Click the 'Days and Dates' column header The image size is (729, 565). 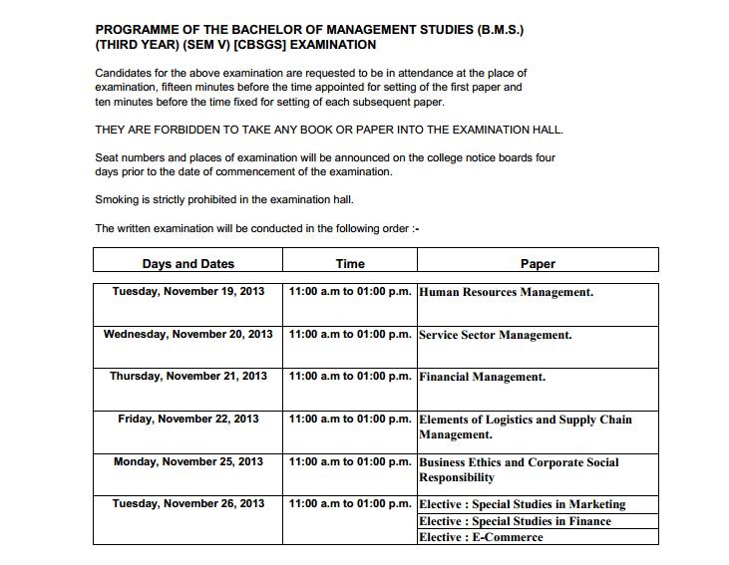[188, 264]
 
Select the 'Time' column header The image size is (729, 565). [350, 264]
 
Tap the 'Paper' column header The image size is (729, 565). [538, 264]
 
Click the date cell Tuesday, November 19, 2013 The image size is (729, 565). [188, 292]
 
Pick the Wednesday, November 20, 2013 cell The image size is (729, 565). [188, 334]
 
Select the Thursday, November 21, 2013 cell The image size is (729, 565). [188, 377]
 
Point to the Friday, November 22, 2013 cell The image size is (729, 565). [188, 419]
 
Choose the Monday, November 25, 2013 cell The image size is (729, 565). [188, 461]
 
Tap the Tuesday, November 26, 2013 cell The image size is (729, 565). [188, 503]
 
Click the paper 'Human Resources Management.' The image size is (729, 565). [507, 293]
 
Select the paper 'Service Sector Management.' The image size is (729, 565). [496, 335]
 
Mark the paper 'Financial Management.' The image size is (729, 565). [483, 378]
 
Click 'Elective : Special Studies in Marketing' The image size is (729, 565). [523, 504]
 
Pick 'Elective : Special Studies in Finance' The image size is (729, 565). [516, 521]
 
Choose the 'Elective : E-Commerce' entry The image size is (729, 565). [482, 537]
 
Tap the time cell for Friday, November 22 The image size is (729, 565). [350, 419]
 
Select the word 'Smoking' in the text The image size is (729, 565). [117, 199]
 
